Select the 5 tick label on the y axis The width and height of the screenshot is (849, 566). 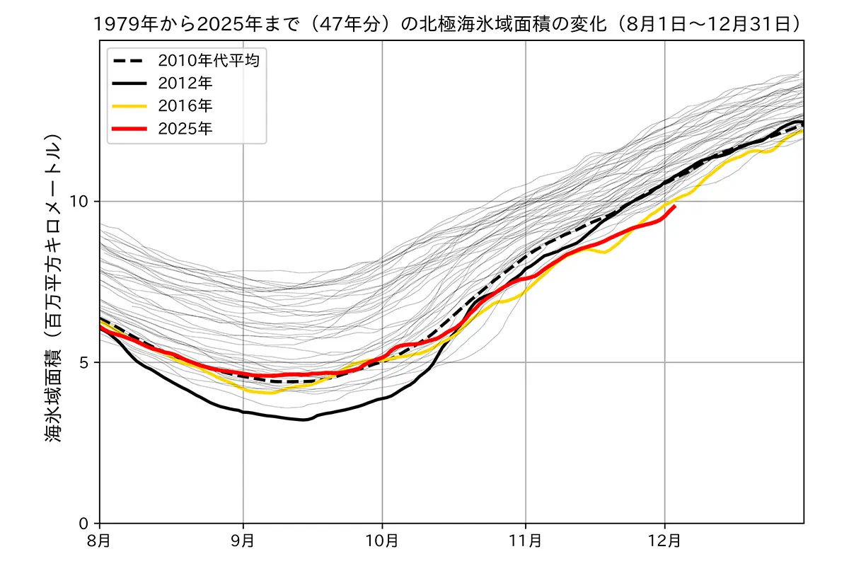pos(86,363)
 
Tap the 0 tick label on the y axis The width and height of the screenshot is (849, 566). pos(86,524)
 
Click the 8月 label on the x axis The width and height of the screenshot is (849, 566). pos(100,541)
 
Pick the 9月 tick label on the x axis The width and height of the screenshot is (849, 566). pos(243,541)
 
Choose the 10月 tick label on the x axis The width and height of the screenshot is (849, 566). pos(382,541)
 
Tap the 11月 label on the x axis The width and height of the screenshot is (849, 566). pos(526,541)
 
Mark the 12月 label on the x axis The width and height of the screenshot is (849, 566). pos(664,541)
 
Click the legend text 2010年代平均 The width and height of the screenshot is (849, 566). pos(209,61)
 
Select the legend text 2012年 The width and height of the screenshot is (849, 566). pos(185,83)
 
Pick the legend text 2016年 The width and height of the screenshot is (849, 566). pos(185,106)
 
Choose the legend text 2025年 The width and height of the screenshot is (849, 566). pos(185,128)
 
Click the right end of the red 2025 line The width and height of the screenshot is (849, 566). pos(675,206)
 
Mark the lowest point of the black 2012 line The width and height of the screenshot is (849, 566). pos(304,420)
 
